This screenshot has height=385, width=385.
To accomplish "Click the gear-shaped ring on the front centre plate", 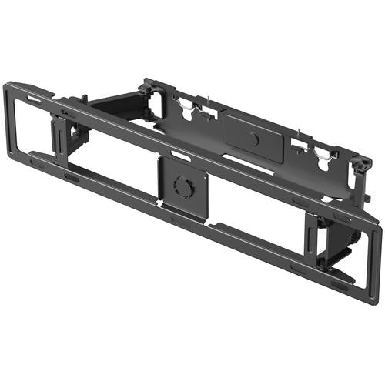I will click(182, 187).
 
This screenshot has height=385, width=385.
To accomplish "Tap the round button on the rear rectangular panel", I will click(253, 139).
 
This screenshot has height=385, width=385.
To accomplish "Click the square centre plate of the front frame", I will click(182, 188).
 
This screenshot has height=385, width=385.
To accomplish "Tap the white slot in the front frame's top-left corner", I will click(34, 99).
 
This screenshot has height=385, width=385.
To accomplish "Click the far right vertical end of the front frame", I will click(374, 262).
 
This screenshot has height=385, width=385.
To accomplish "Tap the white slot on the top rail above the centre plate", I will click(180, 156).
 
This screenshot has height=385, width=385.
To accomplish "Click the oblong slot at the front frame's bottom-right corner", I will click(338, 285).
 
